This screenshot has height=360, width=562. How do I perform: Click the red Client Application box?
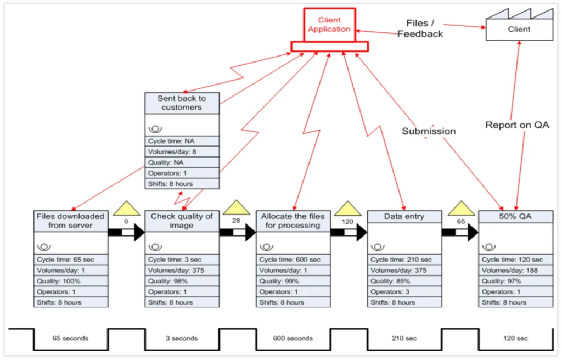tap(329, 25)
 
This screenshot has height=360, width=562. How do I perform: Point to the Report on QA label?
tap(517, 125)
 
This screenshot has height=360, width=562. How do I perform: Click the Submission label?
tap(429, 131)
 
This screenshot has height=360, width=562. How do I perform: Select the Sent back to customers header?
tap(182, 103)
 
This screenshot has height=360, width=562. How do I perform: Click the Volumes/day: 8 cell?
tap(182, 151)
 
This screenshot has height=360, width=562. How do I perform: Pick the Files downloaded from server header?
tap(70, 221)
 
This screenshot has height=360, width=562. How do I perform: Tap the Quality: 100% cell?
tap(70, 280)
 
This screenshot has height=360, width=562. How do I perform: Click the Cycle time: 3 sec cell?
tap(182, 260)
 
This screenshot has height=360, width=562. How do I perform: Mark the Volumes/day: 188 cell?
tap(515, 270)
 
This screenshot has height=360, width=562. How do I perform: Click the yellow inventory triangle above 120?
tap(347, 208)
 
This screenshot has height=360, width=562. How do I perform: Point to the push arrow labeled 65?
tap(459, 233)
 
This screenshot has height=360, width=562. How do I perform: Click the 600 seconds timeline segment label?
tap(293, 338)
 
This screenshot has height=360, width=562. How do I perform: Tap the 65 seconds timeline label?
tap(71, 338)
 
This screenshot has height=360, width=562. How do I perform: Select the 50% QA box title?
tap(515, 216)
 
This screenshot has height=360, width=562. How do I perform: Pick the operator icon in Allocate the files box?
tap(265, 246)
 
